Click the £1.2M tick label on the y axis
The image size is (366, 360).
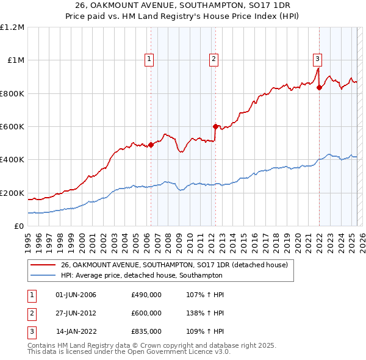click(x=12, y=27)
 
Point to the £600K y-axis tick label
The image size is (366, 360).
click(x=12, y=127)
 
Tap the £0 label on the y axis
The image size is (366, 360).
click(x=18, y=226)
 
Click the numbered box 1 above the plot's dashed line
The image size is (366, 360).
click(x=149, y=59)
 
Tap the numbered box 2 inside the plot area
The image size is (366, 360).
click(x=214, y=59)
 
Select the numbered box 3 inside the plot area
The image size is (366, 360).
click(x=318, y=59)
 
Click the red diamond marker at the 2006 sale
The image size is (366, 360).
click(x=151, y=145)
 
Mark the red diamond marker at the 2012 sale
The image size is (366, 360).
click(x=215, y=127)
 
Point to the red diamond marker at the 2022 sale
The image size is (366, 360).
click(x=319, y=87)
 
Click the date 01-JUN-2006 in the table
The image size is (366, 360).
click(x=76, y=295)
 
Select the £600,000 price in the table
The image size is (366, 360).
click(x=146, y=313)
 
